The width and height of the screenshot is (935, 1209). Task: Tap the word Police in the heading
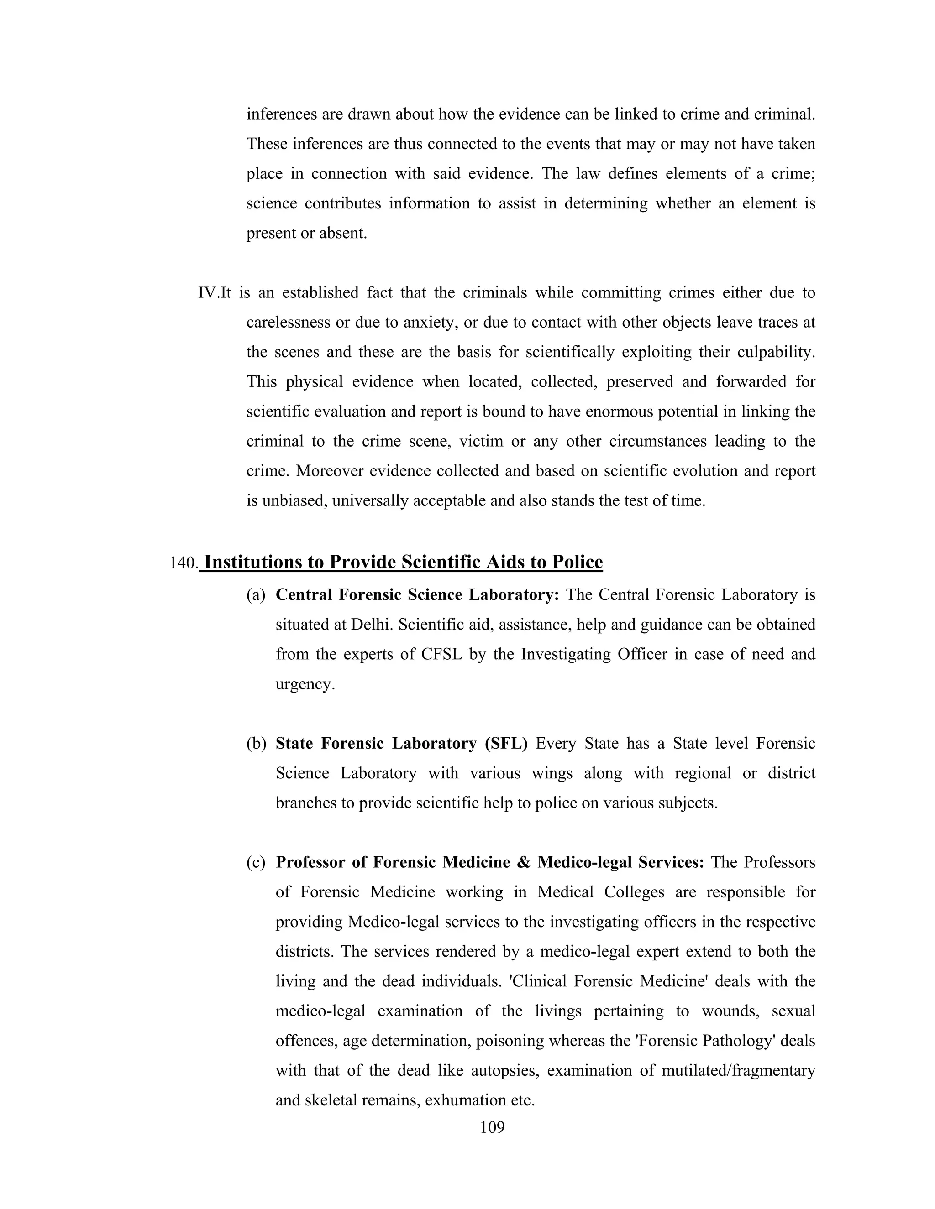577,562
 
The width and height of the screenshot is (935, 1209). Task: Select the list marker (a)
256,594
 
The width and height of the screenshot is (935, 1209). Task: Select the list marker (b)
256,743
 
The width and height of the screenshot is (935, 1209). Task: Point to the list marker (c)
256,862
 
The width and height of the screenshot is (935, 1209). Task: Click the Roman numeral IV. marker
208,292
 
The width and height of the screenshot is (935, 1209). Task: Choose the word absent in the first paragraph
343,233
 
